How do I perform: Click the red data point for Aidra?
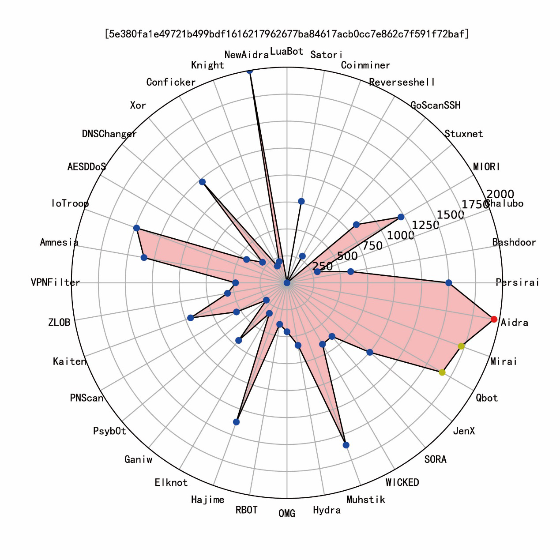tap(494, 319)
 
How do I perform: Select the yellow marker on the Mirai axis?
tap(461, 346)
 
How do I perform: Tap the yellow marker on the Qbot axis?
tap(442, 372)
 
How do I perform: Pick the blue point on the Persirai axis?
tap(449, 282)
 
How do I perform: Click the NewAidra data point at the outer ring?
tap(250, 70)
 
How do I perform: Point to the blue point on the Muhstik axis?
tap(346, 445)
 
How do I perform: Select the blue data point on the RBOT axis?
tap(237, 422)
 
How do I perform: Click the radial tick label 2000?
tap(500, 194)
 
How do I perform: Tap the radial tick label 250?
tap(322, 266)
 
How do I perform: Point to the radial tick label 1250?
tap(425, 225)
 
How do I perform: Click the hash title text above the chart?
tap(287, 34)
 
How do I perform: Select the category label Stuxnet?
tap(463, 134)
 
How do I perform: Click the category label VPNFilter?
tap(56, 282)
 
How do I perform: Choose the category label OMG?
tap(287, 513)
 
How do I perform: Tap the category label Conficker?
tap(171, 82)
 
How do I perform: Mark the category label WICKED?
tap(402, 482)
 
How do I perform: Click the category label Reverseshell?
tap(402, 82)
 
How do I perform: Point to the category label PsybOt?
tap(109, 431)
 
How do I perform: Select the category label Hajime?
tap(207, 500)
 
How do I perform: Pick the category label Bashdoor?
tap(514, 242)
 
